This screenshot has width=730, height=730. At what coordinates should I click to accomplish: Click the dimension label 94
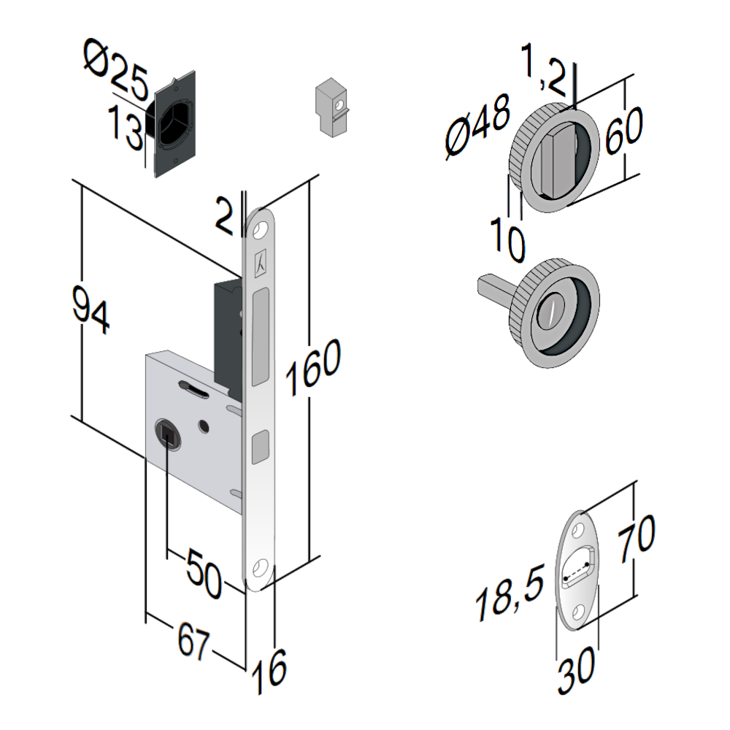[91, 311]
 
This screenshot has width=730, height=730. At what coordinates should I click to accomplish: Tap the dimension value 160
[313, 369]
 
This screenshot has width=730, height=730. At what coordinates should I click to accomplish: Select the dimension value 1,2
[544, 70]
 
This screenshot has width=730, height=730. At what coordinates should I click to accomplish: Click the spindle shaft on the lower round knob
[496, 287]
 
